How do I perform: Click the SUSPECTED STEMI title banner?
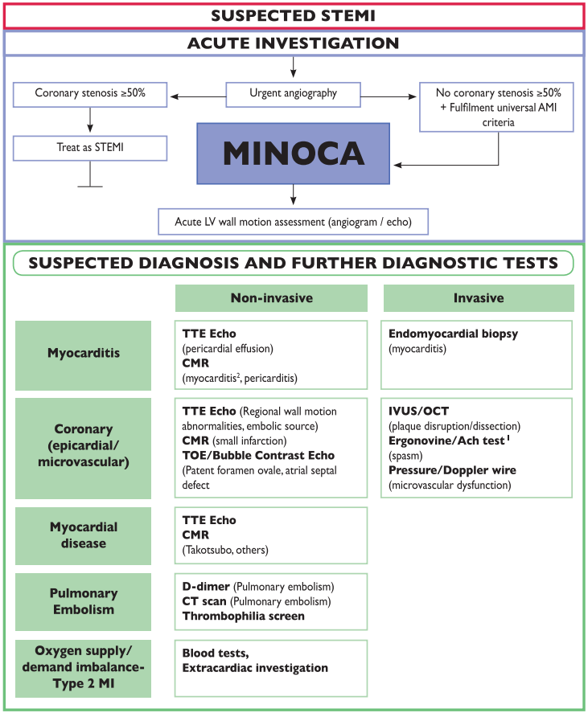293,15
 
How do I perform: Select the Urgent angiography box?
293,94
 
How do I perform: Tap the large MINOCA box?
293,153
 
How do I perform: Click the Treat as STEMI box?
90,148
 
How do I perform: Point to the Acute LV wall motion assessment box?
293,219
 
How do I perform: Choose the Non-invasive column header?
271,298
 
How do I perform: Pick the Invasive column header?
478,298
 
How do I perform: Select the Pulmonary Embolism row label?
83,601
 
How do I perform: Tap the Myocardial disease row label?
83,535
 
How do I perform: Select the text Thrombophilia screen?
244,617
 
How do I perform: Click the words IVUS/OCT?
418,411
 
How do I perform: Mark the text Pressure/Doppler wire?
452,470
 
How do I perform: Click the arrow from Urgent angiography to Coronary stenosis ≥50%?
196,94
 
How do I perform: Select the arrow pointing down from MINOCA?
293,194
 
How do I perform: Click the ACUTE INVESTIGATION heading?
293,43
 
